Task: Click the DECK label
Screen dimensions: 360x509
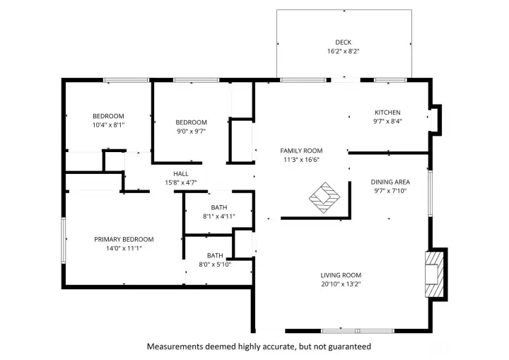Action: tap(343, 42)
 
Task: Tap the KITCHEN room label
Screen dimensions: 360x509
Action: tap(387, 112)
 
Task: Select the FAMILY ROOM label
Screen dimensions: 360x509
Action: tap(301, 151)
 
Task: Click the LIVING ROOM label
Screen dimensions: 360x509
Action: tap(341, 275)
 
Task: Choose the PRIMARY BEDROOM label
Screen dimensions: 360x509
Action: tap(124, 239)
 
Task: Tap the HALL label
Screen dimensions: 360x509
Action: tap(181, 173)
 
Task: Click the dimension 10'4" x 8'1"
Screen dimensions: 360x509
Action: tap(108, 125)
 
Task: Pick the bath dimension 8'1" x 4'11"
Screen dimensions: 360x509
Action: tap(218, 216)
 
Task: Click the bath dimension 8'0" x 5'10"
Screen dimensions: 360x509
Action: tap(215, 265)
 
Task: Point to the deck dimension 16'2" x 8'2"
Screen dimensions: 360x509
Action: tap(343, 52)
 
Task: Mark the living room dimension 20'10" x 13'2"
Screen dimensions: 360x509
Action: tap(341, 284)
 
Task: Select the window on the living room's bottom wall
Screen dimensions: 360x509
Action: tap(358, 330)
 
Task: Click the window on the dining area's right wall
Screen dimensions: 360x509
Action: tap(429, 192)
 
